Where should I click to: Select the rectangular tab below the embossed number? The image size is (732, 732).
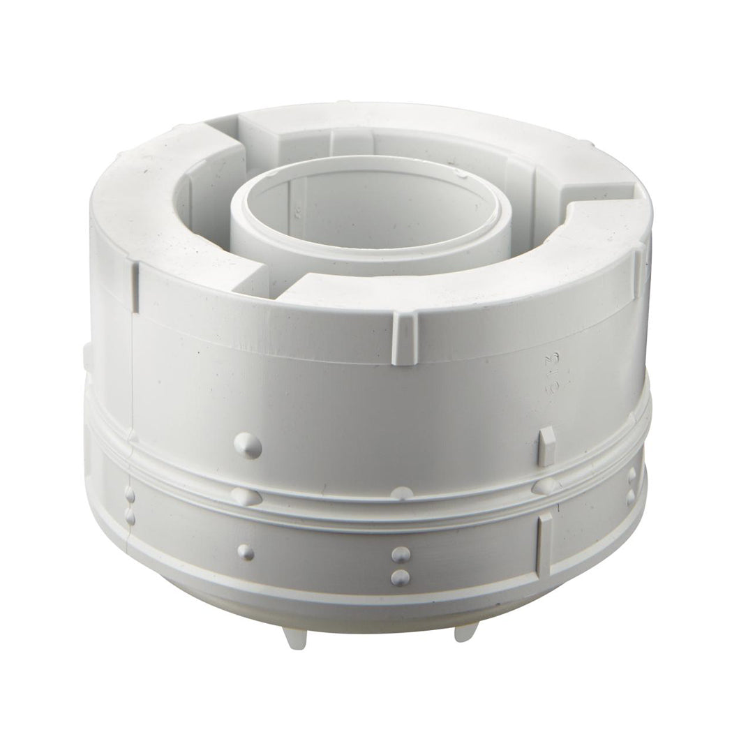coord(548,445)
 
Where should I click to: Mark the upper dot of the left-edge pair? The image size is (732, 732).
coord(129,495)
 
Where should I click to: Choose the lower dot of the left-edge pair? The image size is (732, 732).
coord(129,515)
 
